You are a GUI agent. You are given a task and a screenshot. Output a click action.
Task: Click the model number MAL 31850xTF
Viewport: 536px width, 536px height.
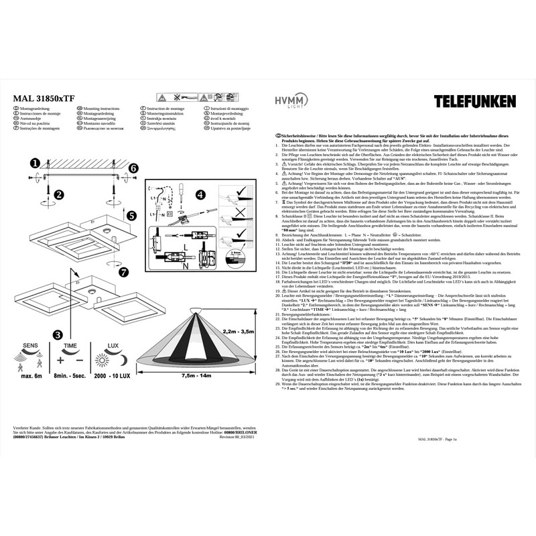click(x=44, y=97)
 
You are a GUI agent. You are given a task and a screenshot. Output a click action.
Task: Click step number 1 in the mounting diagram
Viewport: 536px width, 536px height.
click(x=36, y=162)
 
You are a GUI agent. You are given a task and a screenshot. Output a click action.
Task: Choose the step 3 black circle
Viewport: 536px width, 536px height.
click(x=58, y=334)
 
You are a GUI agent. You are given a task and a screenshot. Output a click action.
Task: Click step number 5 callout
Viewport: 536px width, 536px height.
click(x=133, y=216)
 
